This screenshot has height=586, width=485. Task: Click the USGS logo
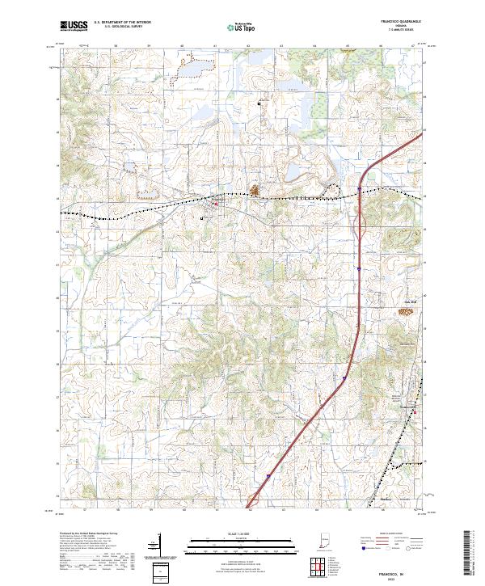(x=74, y=26)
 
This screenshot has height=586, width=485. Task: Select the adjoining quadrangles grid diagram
(x=320, y=567)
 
